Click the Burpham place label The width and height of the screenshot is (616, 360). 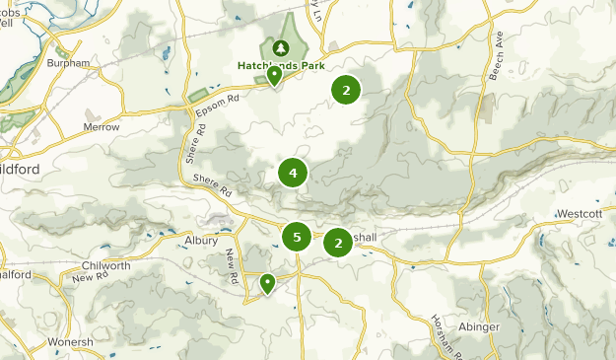(x=68, y=63)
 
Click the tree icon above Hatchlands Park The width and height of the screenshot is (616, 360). (x=281, y=46)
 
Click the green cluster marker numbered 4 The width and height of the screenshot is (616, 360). (x=293, y=174)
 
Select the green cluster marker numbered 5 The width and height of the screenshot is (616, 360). (x=297, y=237)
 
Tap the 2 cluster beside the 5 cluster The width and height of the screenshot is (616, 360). (x=338, y=243)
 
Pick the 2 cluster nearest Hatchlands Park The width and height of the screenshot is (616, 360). (x=345, y=90)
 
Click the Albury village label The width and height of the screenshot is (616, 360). (x=200, y=240)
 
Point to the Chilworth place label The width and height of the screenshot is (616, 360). (x=106, y=266)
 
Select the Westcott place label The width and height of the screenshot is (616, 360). (x=579, y=213)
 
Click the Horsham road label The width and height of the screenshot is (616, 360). (x=441, y=331)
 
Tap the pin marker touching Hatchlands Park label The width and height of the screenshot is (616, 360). (x=274, y=77)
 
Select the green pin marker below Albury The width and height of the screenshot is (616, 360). (x=267, y=284)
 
